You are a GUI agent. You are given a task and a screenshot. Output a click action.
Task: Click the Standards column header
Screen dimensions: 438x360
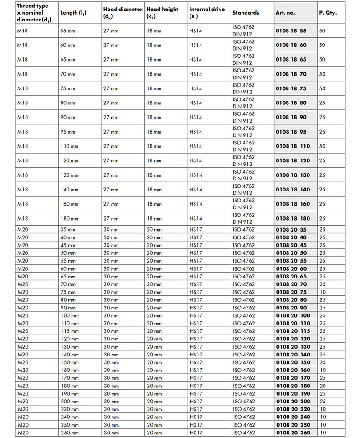click(246, 13)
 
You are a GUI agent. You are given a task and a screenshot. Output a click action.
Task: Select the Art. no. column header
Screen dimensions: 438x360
click(286, 13)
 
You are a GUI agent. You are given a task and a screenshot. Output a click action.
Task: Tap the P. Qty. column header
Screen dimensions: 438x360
click(328, 13)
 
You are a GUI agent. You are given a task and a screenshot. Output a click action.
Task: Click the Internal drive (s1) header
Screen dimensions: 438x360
click(207, 13)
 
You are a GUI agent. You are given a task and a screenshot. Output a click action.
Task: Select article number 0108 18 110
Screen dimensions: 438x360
click(293, 146)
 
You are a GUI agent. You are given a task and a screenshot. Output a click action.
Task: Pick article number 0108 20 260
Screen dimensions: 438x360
click(293, 433)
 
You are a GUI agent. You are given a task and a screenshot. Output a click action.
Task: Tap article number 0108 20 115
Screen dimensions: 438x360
click(293, 331)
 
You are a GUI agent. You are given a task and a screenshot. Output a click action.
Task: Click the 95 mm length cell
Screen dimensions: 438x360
click(69, 132)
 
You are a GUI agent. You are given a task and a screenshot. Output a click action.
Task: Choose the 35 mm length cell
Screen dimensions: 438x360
click(69, 230)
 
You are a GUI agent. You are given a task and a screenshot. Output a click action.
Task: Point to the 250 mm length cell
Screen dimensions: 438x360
click(70, 425)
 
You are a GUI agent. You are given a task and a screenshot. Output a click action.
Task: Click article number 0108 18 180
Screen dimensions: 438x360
click(293, 219)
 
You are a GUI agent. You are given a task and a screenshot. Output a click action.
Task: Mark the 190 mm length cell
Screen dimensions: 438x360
click(70, 393)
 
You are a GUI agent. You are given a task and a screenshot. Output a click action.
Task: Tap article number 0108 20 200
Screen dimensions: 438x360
click(293, 401)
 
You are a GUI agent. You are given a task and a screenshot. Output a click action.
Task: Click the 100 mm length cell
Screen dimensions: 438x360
click(70, 315)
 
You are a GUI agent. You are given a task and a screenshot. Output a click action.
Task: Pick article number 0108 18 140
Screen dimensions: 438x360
click(293, 190)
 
